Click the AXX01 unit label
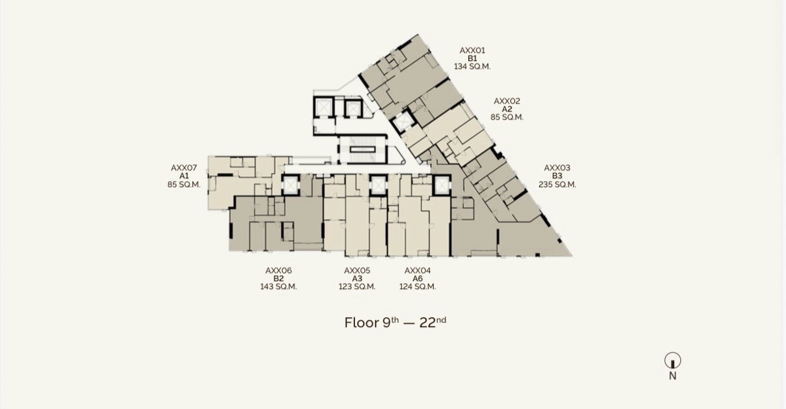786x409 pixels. click(472, 50)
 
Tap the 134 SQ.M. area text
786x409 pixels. click(472, 66)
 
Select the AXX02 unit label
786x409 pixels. click(507, 101)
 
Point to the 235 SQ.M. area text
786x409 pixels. click(557, 184)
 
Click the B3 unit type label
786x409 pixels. click(557, 176)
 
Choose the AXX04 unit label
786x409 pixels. click(418, 271)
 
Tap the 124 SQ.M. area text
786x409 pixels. click(418, 286)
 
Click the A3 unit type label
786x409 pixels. click(357, 279)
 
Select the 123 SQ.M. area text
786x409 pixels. click(357, 286)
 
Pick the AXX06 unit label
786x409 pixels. click(278, 271)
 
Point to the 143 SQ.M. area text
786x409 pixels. click(278, 286)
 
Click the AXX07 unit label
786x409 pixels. click(184, 168)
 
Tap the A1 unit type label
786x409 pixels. click(184, 176)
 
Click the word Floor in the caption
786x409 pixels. click(362, 322)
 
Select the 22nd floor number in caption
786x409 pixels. click(433, 322)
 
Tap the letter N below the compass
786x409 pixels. click(673, 376)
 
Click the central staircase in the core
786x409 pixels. click(363, 150)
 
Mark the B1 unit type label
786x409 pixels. click(472, 58)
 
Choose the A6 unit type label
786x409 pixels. click(418, 279)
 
